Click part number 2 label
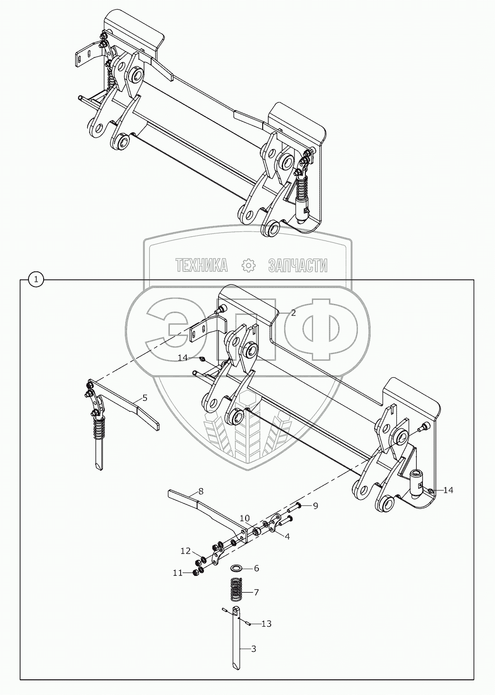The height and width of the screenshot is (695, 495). [293, 313]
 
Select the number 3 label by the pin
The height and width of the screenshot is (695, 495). [253, 649]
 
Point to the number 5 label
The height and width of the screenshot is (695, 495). [145, 398]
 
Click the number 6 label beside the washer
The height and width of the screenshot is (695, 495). [256, 568]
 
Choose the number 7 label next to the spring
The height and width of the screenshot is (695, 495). [256, 592]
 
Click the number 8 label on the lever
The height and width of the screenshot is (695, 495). [201, 491]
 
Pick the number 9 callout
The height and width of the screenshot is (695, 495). [315, 506]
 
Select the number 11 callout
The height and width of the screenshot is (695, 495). [177, 573]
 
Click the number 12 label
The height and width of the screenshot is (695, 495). [185, 551]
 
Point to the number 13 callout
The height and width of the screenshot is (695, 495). [266, 624]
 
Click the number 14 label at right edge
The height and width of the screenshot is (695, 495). [448, 490]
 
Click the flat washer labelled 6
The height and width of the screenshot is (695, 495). [236, 568]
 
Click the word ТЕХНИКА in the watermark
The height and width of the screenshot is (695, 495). [201, 266]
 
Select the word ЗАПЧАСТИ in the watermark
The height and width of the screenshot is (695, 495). [297, 266]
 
